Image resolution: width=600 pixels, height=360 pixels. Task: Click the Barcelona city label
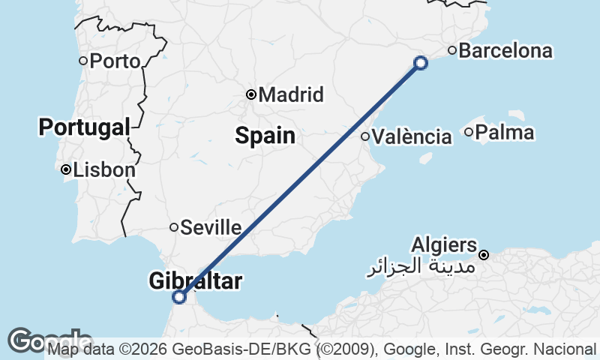[x=505, y=51]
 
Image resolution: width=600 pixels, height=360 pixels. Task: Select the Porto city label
[x=115, y=61]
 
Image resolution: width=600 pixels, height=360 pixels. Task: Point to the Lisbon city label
[x=104, y=170]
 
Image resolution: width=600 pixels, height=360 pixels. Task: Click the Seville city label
[x=211, y=227]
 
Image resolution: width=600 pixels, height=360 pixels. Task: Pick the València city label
[x=412, y=136]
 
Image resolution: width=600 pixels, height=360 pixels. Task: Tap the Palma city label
[x=505, y=133]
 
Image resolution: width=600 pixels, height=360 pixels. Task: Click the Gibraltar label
[x=196, y=281]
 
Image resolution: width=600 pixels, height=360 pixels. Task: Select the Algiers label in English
[x=444, y=245]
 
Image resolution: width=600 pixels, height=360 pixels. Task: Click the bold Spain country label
[x=265, y=136]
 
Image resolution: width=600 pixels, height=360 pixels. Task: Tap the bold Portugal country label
[x=84, y=127]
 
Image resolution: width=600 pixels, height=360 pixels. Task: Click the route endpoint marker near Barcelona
[x=421, y=63]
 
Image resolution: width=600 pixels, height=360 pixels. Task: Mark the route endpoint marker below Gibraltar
[x=179, y=297]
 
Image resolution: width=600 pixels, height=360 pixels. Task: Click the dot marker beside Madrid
[x=252, y=94]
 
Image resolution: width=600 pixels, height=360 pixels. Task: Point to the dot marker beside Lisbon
[x=67, y=170]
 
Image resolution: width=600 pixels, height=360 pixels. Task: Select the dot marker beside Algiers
[x=484, y=255]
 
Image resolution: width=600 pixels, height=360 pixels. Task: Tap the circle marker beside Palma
[x=469, y=133]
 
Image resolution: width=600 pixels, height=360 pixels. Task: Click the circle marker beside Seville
[x=174, y=227]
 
